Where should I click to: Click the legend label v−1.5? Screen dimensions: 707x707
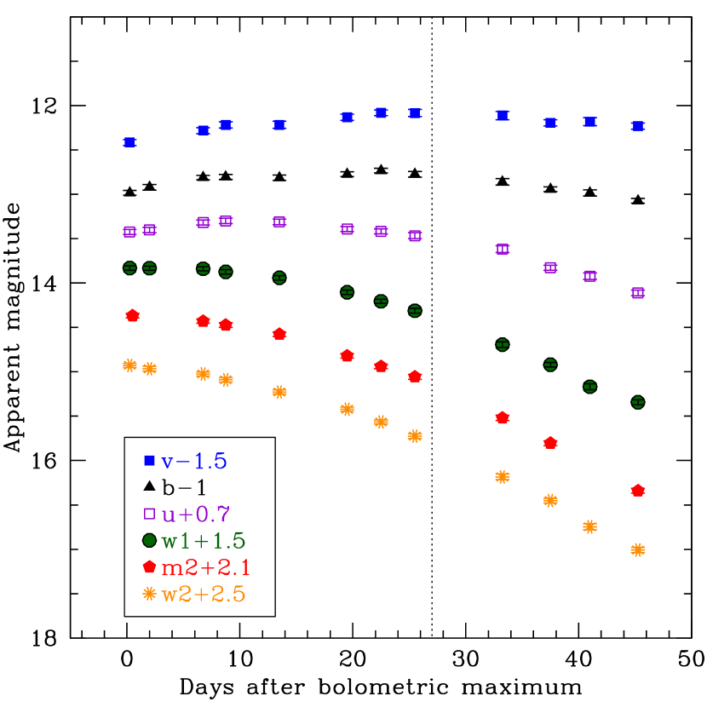[x=194, y=461]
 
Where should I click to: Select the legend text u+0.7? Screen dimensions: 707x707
[x=196, y=514]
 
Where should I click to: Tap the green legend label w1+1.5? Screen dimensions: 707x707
[x=204, y=540]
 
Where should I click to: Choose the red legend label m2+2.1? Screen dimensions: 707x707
[x=206, y=567]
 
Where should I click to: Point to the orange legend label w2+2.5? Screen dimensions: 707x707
[x=204, y=594]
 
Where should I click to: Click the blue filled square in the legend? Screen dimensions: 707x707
[x=150, y=461]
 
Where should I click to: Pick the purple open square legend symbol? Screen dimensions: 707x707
[x=150, y=514]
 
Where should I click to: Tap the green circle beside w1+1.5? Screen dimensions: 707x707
[x=150, y=540]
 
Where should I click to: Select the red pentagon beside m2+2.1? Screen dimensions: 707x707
[x=150, y=566]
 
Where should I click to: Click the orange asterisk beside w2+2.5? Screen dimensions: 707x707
[x=150, y=594]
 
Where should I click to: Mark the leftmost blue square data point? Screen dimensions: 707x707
[x=129, y=142]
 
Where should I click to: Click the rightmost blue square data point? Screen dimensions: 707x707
[x=638, y=126]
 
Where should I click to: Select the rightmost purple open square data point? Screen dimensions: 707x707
[x=638, y=293]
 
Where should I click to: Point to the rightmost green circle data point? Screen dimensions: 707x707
[x=638, y=402]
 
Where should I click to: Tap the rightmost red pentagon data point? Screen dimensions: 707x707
[x=638, y=491]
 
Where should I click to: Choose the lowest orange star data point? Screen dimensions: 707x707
[x=638, y=550]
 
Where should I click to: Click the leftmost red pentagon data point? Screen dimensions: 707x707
[x=133, y=316]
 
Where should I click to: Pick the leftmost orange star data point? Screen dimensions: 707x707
[x=129, y=365]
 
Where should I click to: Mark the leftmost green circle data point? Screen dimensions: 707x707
[x=129, y=267]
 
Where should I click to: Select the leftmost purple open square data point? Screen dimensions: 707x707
[x=129, y=232]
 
